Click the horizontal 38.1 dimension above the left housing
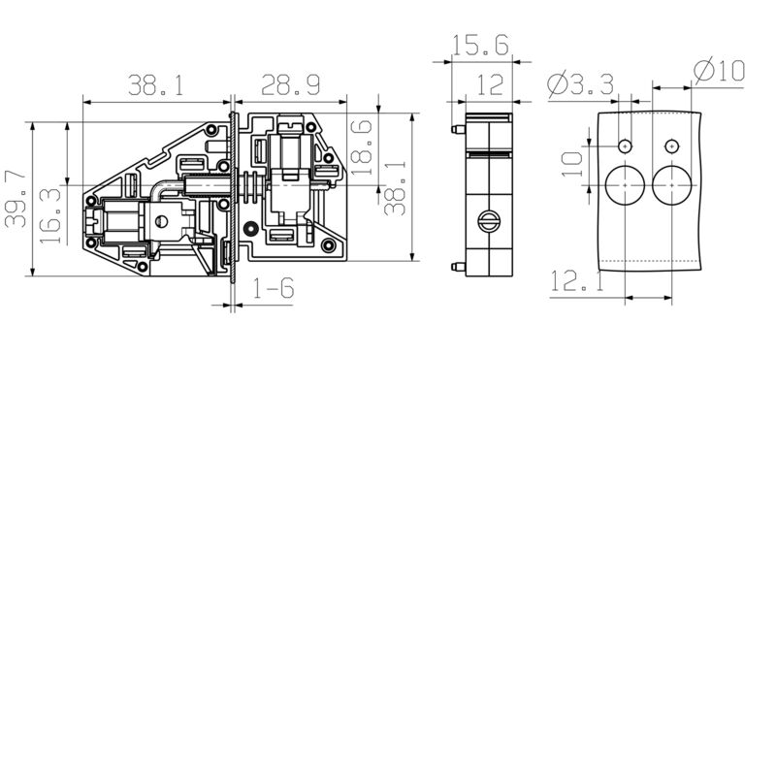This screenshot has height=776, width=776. (x=156, y=86)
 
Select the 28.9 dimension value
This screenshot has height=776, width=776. (x=290, y=86)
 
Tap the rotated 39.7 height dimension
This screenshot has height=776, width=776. (x=16, y=199)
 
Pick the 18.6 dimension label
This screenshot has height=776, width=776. (x=361, y=145)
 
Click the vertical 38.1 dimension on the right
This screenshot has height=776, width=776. (x=395, y=190)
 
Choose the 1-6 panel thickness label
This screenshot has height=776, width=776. (x=274, y=288)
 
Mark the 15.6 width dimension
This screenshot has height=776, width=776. (x=481, y=47)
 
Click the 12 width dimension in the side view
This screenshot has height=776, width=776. (x=490, y=85)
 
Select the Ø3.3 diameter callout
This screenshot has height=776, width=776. (x=580, y=85)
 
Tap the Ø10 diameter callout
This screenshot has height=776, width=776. (x=719, y=71)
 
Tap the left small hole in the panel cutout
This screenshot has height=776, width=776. (x=626, y=145)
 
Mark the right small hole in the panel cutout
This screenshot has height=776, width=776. (x=670, y=145)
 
